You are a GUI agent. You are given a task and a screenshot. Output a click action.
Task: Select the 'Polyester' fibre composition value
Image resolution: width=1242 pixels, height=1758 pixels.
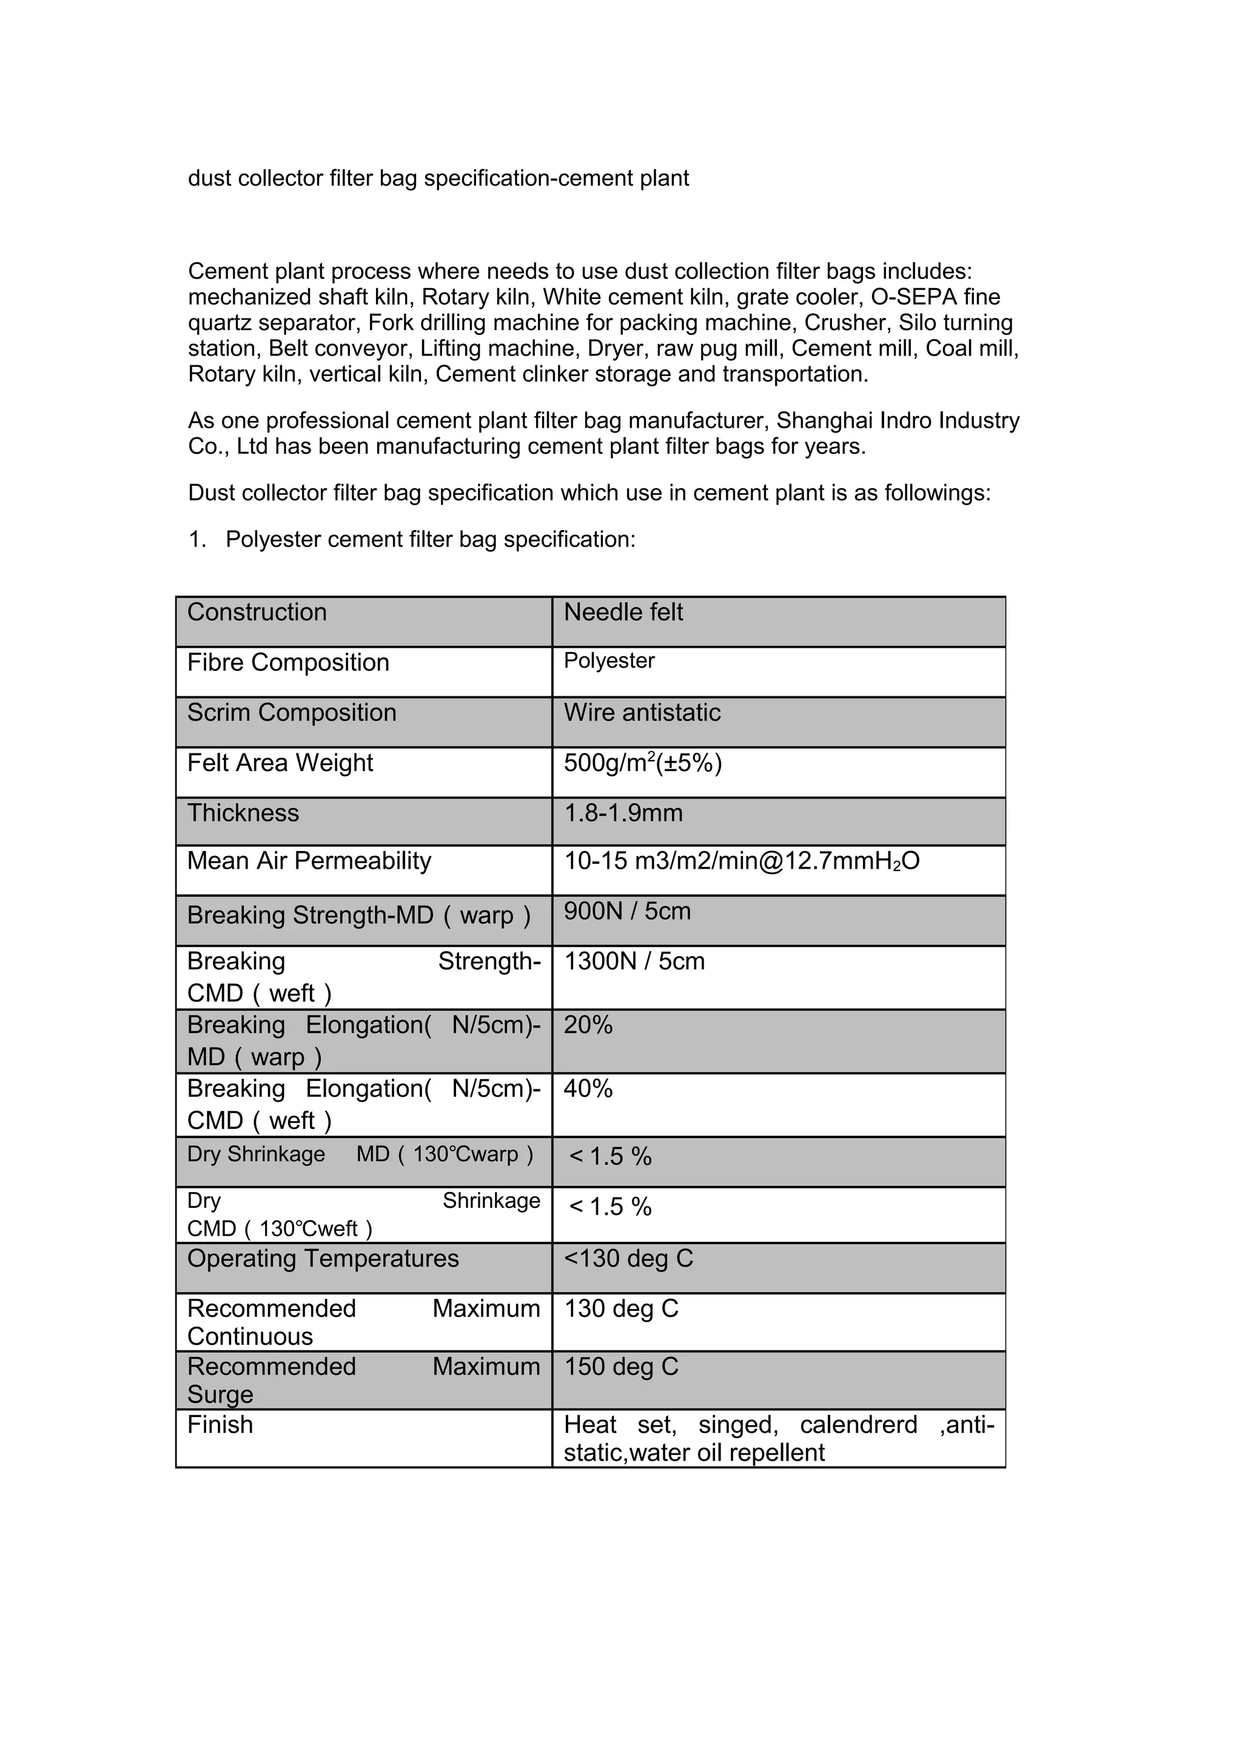[x=609, y=661]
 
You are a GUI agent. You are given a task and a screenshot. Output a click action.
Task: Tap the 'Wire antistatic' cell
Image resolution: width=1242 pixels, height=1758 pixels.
[x=642, y=712]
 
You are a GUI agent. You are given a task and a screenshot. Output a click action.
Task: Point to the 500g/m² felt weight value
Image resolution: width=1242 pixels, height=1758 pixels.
[x=643, y=763]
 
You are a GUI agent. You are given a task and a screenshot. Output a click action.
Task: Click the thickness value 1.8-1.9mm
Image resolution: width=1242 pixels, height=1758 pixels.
[x=623, y=812]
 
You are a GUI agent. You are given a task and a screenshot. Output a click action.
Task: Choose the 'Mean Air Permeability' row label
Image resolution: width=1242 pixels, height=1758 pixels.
[x=309, y=861]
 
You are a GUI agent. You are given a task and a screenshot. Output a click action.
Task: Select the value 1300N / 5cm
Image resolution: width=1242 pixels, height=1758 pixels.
[x=634, y=961]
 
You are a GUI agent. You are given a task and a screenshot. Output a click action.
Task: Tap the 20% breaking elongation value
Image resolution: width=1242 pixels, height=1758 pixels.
[x=588, y=1025]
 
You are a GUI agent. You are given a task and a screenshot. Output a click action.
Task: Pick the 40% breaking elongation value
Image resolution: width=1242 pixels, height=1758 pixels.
[x=588, y=1088]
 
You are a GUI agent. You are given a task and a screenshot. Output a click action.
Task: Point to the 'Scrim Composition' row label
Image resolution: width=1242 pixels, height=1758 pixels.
[x=292, y=712]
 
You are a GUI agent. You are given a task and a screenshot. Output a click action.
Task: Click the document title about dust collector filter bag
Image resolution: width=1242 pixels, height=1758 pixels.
[x=438, y=178]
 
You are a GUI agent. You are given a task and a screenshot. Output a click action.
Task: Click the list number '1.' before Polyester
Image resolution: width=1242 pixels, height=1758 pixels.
[x=198, y=540]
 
